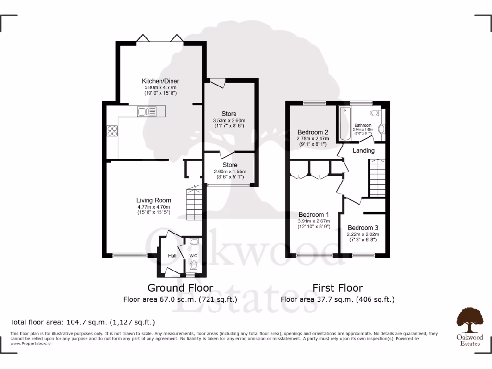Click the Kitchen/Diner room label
point(160,81)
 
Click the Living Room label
point(153,200)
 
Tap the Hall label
point(172,256)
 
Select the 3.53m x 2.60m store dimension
point(229,120)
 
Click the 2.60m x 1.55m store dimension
point(230,172)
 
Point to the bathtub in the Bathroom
point(344,124)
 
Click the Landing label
point(364,151)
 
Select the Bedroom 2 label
point(313,132)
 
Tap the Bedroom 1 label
point(314,214)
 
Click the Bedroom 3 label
point(363,228)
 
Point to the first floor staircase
point(377,178)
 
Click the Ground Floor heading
point(180,288)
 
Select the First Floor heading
point(337,288)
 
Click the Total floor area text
point(83,322)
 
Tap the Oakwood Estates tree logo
point(469,320)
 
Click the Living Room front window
point(130,256)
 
